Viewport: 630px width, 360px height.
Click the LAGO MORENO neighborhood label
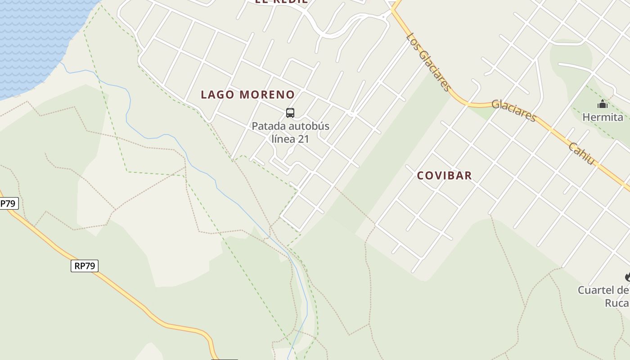pyautogui.click(x=247, y=94)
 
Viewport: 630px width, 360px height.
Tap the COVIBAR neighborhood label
pyautogui.click(x=444, y=175)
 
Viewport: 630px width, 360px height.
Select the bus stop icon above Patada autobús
pyautogui.click(x=290, y=112)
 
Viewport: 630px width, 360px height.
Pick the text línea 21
pyautogui.click(x=290, y=139)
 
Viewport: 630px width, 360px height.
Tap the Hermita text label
pyautogui.click(x=603, y=117)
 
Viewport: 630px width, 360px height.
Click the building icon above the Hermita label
pyautogui.click(x=603, y=104)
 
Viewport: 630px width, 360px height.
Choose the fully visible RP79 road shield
pyautogui.click(x=85, y=266)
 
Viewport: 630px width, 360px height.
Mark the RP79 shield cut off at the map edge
pyautogui.click(x=8, y=203)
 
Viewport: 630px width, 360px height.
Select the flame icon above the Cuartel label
pyautogui.click(x=627, y=277)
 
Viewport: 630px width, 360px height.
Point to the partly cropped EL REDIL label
pyautogui.click(x=281, y=2)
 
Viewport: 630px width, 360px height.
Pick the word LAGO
pyautogui.click(x=218, y=94)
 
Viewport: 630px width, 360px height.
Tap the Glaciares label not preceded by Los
pyautogui.click(x=513, y=110)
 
